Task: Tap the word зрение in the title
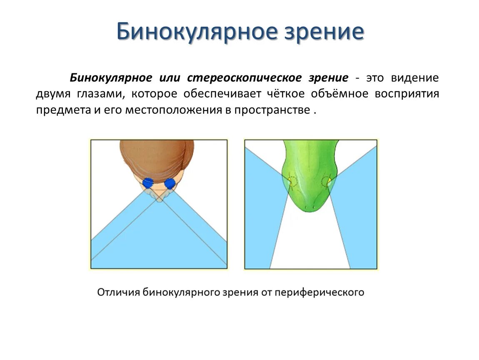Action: pyautogui.click(x=324, y=32)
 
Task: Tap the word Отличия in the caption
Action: pyautogui.click(x=118, y=292)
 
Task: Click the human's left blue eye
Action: pyautogui.click(x=148, y=183)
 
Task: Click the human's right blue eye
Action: pyautogui.click(x=170, y=184)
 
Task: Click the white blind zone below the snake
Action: pyautogui.click(x=310, y=246)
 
